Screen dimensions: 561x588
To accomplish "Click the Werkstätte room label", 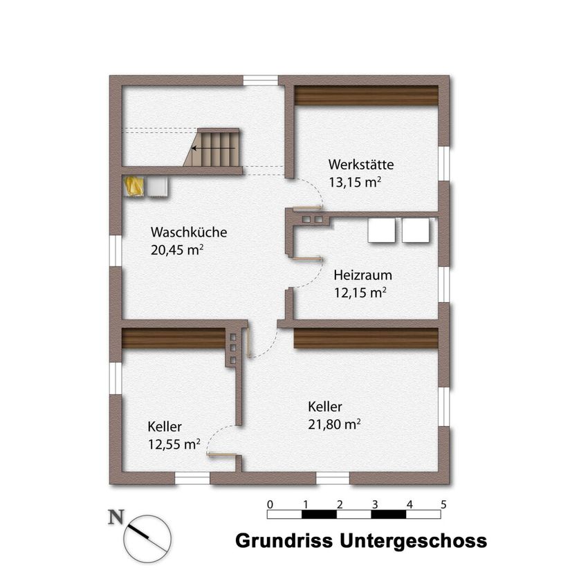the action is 361,164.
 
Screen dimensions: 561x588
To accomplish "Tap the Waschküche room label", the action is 189,232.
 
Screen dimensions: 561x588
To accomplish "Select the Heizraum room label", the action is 362,275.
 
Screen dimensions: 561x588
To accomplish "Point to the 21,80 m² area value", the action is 334,424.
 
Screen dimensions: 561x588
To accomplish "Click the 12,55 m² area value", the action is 174,444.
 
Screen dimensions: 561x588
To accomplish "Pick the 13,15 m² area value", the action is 355,182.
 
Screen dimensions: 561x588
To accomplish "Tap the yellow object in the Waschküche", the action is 134,186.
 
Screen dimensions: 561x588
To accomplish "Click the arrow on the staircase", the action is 213,149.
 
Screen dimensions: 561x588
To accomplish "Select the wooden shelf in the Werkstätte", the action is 366,95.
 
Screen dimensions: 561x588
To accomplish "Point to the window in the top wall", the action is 261,81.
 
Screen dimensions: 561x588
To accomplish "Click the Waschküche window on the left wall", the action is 116,251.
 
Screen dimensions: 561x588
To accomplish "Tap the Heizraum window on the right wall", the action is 444,284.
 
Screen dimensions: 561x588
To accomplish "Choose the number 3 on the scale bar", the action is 375,505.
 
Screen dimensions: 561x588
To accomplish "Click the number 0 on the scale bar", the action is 270,505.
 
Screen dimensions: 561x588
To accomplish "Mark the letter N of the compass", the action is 116,517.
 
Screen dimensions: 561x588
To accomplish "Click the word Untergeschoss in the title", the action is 413,542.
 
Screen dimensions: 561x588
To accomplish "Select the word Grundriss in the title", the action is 284,541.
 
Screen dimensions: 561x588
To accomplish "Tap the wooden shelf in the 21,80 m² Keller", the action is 366,338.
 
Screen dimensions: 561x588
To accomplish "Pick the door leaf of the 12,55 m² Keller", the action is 221,455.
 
